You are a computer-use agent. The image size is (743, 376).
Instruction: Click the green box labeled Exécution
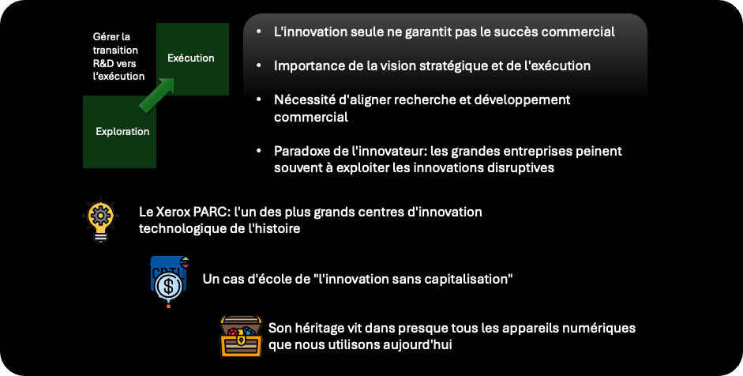pyautogui.click(x=193, y=58)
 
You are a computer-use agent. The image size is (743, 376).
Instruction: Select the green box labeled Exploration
pyautogui.click(x=119, y=132)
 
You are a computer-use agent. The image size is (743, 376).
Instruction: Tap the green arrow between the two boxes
pyautogui.click(x=157, y=95)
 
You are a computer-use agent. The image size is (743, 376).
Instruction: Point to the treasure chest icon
pyautogui.click(x=241, y=337)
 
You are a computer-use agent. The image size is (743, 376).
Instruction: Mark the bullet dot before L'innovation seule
pyautogui.click(x=258, y=32)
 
